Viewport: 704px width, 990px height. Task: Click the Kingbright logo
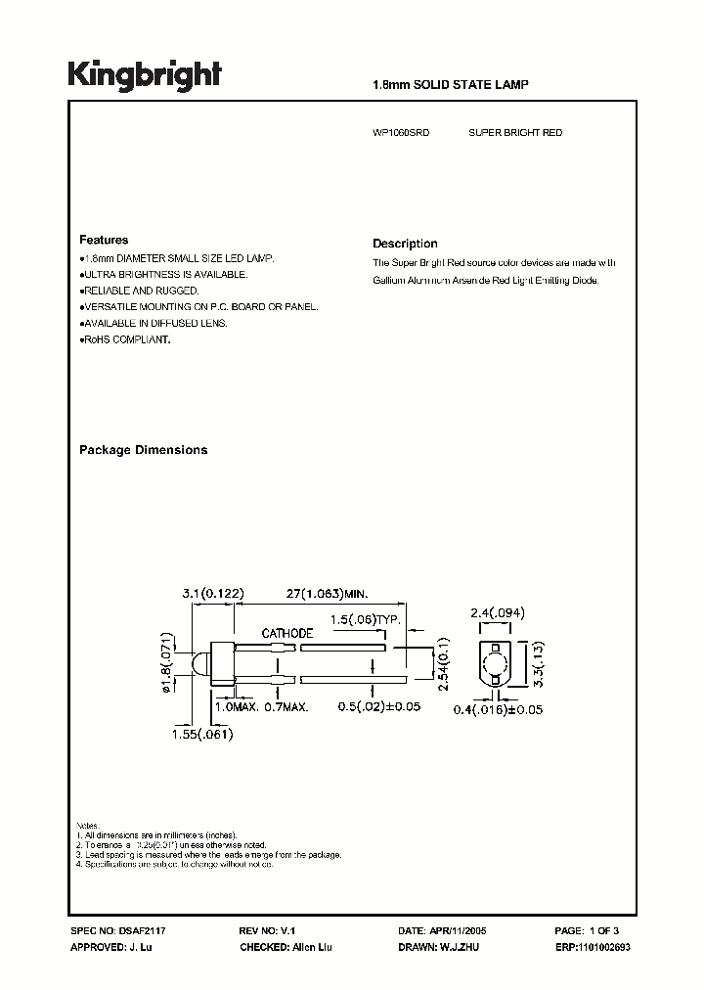click(144, 75)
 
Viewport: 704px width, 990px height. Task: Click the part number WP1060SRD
click(402, 132)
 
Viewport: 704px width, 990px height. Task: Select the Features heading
click(103, 240)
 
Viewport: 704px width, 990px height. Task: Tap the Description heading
click(405, 244)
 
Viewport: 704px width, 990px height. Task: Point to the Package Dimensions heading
click(143, 450)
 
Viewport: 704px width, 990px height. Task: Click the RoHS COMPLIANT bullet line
click(125, 339)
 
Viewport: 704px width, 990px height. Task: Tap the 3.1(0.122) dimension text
click(212, 593)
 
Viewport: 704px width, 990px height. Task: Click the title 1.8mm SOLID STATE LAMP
click(451, 85)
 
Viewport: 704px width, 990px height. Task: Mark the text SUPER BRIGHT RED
click(515, 132)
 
